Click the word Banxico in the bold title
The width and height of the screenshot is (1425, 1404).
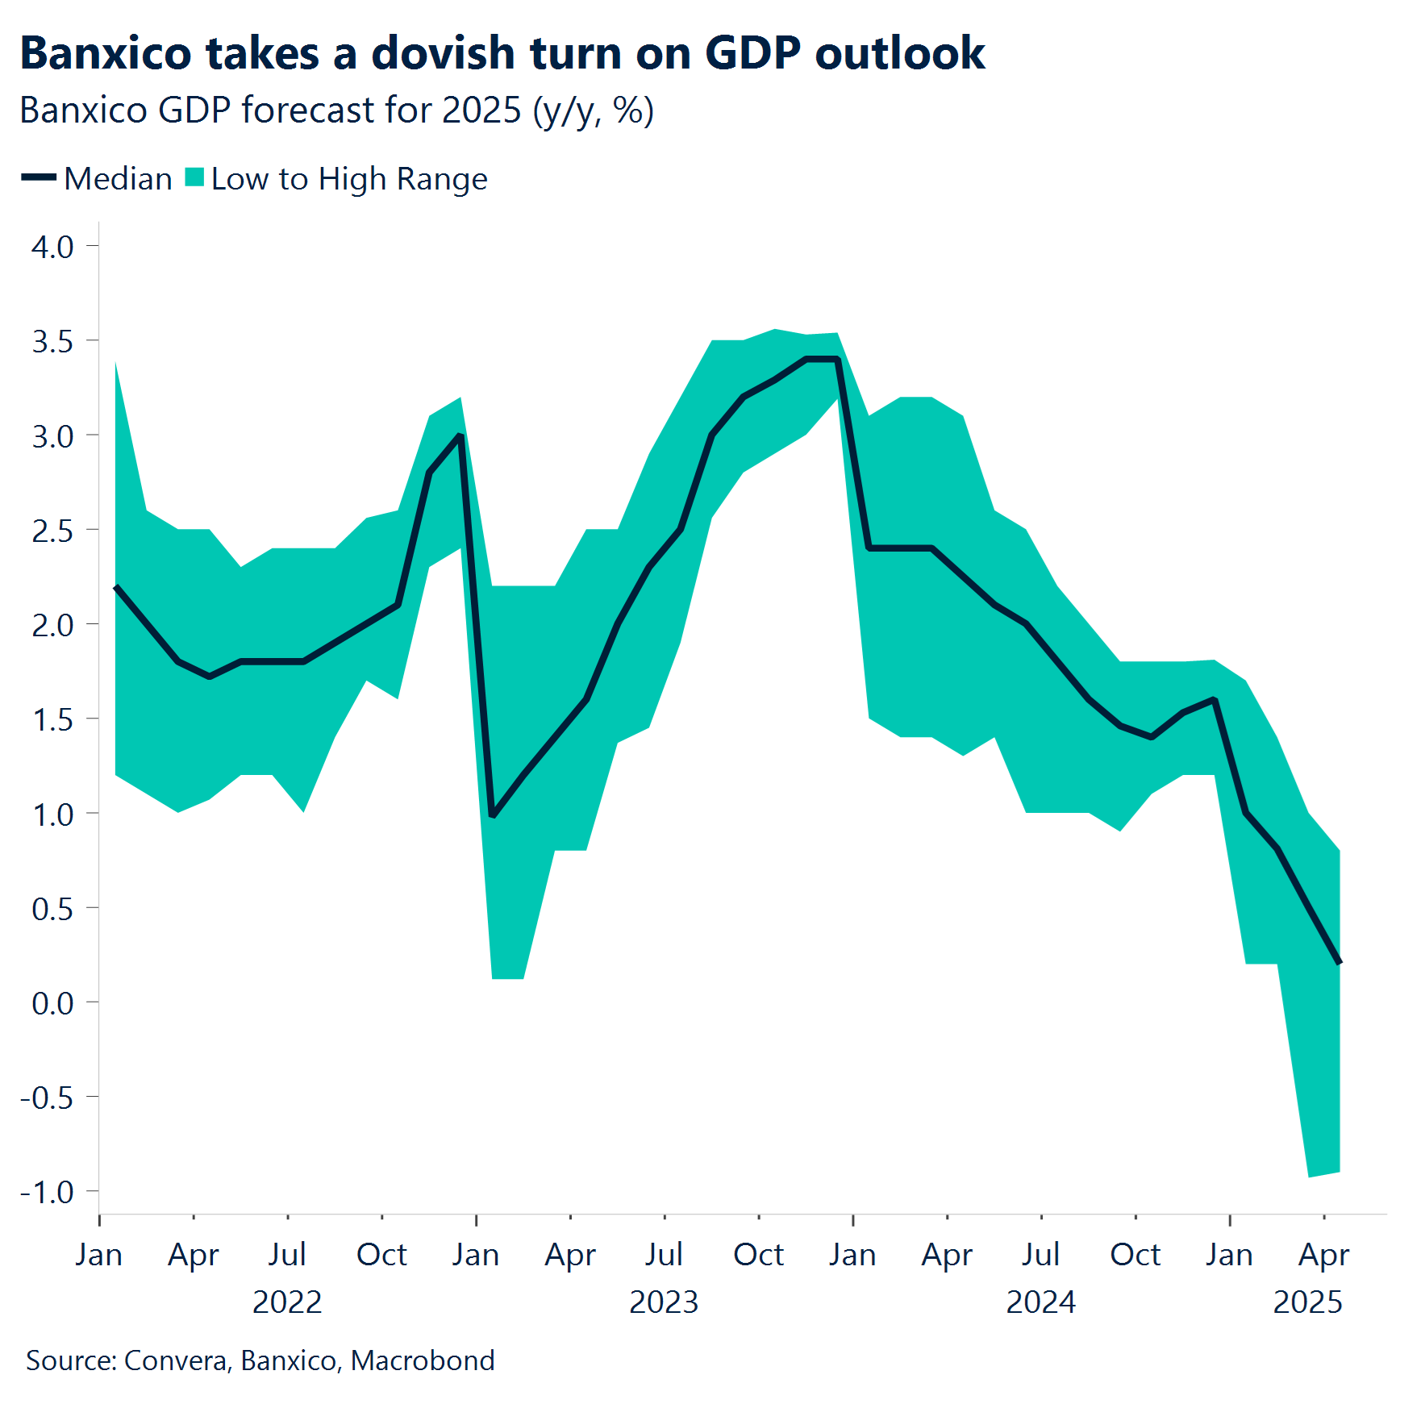[106, 55]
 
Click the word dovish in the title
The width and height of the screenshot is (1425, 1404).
[443, 55]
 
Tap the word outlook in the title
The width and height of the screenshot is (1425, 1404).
[899, 55]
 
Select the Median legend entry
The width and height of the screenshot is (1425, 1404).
[98, 179]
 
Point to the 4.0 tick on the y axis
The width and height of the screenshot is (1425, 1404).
[52, 247]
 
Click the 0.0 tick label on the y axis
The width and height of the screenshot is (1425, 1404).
[52, 1003]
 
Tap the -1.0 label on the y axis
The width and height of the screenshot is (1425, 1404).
[47, 1192]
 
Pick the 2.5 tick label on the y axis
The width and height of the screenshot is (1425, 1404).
[52, 531]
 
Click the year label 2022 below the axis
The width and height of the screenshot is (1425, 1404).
[287, 1302]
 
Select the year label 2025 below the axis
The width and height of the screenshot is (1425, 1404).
[1307, 1302]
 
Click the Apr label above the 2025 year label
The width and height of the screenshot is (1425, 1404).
[1323, 1255]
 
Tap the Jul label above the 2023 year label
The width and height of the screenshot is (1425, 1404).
[664, 1255]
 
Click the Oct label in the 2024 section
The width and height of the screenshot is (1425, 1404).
[1135, 1255]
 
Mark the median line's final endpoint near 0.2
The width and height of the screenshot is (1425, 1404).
[1339, 962]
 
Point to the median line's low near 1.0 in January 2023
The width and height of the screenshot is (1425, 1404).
[493, 814]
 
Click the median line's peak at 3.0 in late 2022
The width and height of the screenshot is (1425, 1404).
[460, 435]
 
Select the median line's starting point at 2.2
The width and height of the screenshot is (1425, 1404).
[116, 587]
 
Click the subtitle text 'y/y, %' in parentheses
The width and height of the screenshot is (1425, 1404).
[593, 110]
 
